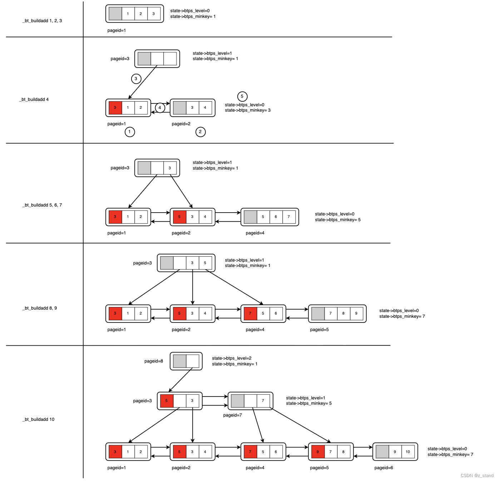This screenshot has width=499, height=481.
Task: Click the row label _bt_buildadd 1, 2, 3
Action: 42,21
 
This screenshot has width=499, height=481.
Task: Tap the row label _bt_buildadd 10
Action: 39,419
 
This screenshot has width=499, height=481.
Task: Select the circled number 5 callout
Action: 242,96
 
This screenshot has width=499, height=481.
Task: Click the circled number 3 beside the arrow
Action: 136,79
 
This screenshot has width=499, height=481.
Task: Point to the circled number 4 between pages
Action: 160,108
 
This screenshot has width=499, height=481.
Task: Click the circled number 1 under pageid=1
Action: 130,132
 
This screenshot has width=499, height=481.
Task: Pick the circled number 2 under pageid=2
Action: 201,132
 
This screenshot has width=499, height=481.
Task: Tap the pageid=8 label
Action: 154,361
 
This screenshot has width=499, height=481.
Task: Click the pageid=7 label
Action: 232,415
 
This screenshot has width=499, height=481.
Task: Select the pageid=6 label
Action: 384,468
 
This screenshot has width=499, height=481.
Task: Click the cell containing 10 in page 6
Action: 408,452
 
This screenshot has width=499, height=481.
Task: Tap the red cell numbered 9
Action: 318,452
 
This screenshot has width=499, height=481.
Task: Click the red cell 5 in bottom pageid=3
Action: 167,401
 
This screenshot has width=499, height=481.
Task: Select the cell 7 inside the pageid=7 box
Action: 263,401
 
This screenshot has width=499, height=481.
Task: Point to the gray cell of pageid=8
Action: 179,361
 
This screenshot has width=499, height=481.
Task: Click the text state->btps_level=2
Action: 232,358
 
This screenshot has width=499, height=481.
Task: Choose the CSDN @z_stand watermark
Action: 477,476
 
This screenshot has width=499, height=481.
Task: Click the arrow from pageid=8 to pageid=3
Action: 181,380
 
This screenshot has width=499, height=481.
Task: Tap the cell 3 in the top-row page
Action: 154,14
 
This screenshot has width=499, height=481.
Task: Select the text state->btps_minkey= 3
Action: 247,110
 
